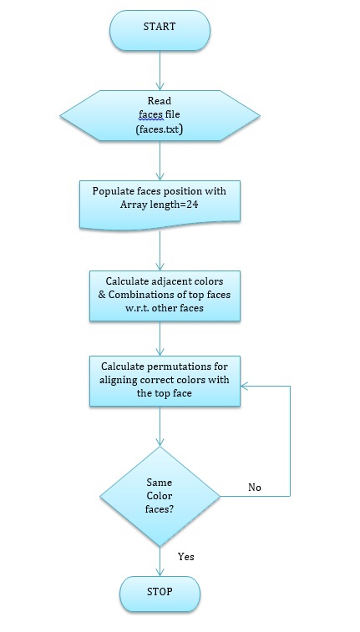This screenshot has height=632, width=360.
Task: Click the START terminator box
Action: [x=160, y=31]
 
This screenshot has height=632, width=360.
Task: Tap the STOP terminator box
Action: [x=160, y=594]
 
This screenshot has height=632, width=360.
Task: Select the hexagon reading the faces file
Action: [x=160, y=116]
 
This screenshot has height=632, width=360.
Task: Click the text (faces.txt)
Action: [x=160, y=129]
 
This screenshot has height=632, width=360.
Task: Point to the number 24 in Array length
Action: [x=191, y=205]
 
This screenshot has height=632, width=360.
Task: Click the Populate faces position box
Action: [x=160, y=205]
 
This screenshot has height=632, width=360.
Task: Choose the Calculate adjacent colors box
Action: [x=165, y=296]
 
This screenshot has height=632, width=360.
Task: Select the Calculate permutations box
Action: [x=165, y=381]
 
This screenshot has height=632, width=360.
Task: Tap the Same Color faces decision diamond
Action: [x=160, y=496]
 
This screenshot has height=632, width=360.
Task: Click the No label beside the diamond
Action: [x=255, y=488]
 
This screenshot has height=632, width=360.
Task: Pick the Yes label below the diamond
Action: [x=185, y=557]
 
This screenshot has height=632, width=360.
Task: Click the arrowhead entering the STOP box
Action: [x=160, y=573]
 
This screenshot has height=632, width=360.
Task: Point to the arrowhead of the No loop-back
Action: [x=245, y=387]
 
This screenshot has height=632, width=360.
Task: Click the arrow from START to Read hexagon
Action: [x=160, y=70]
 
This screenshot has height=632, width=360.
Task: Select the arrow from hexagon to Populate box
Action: [x=160, y=161]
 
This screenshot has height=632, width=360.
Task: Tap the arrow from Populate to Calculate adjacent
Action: [x=160, y=250]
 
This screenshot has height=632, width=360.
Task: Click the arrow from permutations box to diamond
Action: [x=160, y=427]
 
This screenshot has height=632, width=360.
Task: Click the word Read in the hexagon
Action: [x=160, y=101]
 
